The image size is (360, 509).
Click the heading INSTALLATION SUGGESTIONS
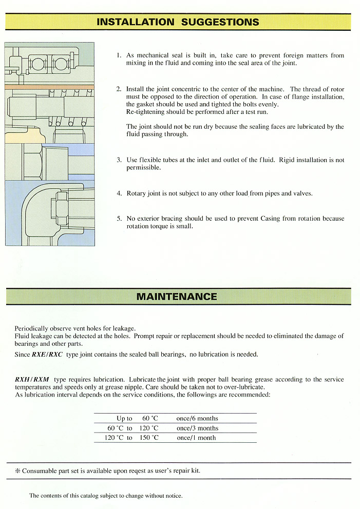178,22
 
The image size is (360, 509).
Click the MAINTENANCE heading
177,297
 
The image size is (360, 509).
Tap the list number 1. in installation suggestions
118,55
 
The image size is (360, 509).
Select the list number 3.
119,160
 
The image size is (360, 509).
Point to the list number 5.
119,219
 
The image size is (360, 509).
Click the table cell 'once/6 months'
197,419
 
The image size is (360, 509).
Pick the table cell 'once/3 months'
197,428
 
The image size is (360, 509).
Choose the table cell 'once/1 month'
196,438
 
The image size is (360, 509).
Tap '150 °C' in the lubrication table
149,438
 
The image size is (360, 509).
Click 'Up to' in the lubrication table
124,419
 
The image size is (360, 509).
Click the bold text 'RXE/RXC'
47,355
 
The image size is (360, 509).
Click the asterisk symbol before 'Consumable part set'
17,471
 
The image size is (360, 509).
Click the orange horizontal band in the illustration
49,87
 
